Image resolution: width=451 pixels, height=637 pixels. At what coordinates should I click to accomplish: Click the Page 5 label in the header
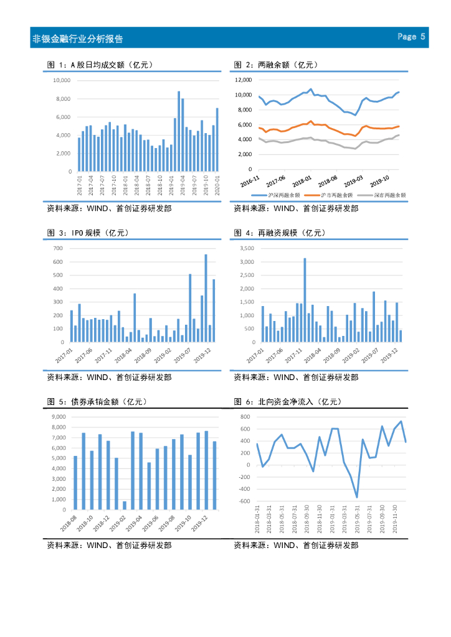tap(411, 37)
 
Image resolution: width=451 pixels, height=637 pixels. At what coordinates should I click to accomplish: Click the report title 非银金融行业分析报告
tap(77, 39)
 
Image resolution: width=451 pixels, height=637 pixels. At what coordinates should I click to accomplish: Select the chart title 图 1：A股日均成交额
tap(100, 65)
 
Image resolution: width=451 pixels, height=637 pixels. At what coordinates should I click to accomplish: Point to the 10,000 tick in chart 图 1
tap(60, 81)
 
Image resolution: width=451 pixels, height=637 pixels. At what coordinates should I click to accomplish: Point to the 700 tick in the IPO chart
tap(59, 248)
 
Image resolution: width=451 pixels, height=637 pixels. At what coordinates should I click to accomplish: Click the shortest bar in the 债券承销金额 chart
tap(125, 505)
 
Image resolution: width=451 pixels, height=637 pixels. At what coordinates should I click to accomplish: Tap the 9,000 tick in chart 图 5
tap(59, 417)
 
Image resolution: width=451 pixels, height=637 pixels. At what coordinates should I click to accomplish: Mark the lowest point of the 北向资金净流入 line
tap(357, 497)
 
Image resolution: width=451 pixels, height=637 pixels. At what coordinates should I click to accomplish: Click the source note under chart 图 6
tap(296, 545)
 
